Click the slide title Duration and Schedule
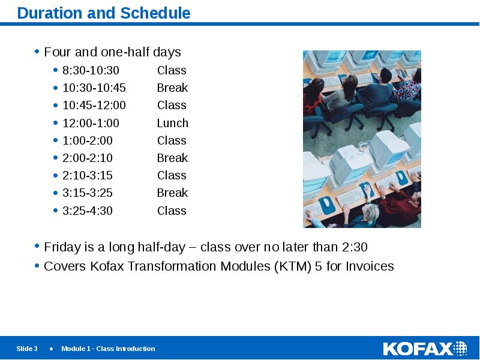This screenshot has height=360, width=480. coord(103,13)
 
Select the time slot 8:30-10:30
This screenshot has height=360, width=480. coord(91,70)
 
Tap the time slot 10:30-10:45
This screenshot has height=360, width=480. coord(94,88)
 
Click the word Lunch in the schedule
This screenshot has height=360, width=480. coord(172,123)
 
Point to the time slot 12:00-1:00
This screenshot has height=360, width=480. coord(91,123)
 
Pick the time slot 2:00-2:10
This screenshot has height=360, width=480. coord(87,158)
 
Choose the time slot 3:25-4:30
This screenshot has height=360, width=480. coord(87,211)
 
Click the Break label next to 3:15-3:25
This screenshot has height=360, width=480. coord(172,193)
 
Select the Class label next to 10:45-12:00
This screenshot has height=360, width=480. coord(172,105)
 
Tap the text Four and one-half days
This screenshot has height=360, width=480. coord(112,52)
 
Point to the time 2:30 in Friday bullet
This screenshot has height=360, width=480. coord(354,247)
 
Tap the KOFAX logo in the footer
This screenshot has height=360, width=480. coord(425,349)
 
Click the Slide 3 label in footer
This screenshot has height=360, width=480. coord(27,349)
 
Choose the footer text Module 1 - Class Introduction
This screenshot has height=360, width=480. coord(108,349)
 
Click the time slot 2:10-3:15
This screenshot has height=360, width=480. coord(87,175)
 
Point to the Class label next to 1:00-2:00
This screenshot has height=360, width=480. coord(172,140)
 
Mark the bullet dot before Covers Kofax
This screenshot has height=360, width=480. coord(37,266)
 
